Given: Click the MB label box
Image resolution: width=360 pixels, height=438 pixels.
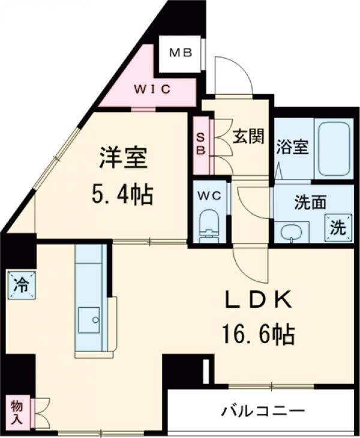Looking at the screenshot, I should pos(179,53).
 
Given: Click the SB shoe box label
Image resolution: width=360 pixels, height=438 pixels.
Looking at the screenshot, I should pos(201,143).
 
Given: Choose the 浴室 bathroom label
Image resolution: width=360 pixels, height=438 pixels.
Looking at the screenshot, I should pos(293,147).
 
